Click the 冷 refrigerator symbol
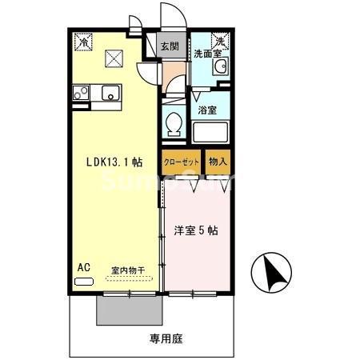(x=84, y=40)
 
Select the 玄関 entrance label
(x=168, y=46)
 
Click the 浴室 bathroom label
(x=207, y=110)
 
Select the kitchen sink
(x=110, y=93)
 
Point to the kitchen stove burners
(x=81, y=93)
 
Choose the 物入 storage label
(x=218, y=161)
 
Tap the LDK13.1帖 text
(x=114, y=161)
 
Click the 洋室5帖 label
(x=197, y=231)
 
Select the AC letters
(x=83, y=267)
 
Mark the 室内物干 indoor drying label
(x=128, y=271)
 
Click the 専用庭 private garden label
(x=166, y=338)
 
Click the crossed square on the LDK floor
(x=114, y=57)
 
